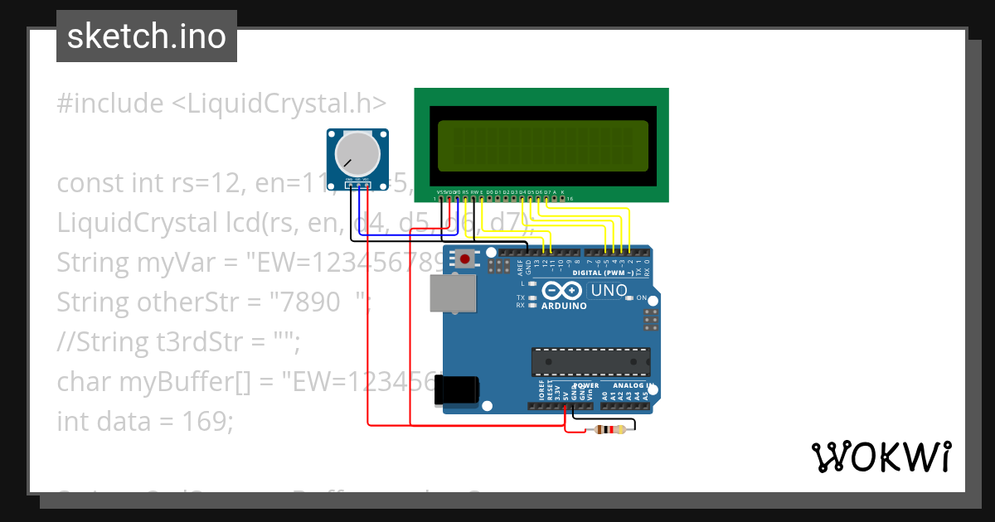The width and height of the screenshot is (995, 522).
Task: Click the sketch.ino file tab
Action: (x=146, y=36)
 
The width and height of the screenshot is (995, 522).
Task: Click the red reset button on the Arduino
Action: (x=465, y=259)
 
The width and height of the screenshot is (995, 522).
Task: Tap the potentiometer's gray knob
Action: (x=357, y=155)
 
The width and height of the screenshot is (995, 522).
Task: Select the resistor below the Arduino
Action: (x=609, y=429)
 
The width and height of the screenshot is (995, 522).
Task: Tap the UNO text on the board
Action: (x=607, y=291)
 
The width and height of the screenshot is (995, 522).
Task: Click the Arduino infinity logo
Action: (x=564, y=291)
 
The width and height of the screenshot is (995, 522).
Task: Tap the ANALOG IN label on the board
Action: (x=632, y=385)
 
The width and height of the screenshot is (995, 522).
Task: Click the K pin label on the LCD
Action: (x=563, y=192)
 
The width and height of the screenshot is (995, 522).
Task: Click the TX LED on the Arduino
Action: (x=531, y=297)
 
